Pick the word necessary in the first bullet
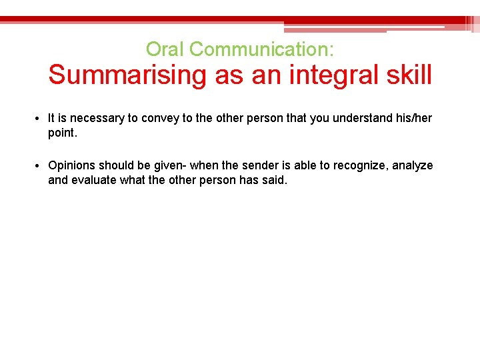click(x=98, y=118)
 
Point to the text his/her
click(x=414, y=118)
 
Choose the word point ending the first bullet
click(x=62, y=133)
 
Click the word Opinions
click(x=71, y=165)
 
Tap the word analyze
click(x=413, y=165)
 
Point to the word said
click(x=275, y=180)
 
